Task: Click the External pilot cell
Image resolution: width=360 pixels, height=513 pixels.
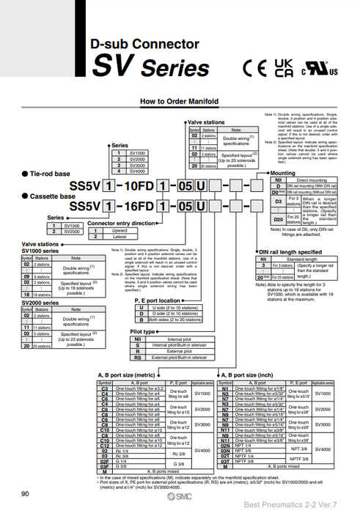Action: pyautogui.click(x=179, y=351)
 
